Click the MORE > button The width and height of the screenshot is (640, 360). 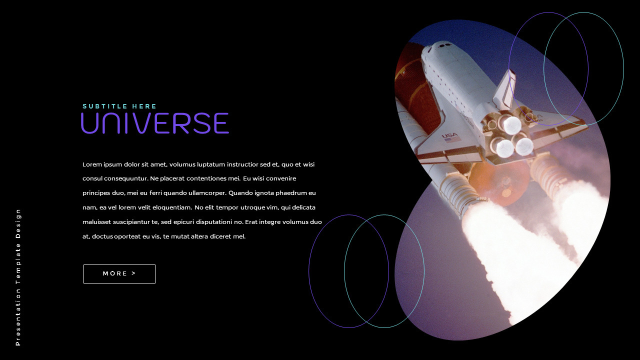tap(119, 274)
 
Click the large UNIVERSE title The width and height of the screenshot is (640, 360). tap(154, 123)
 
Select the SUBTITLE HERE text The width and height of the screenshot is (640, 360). tap(119, 106)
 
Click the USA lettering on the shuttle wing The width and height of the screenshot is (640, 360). tap(449, 135)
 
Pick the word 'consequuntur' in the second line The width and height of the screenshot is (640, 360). tap(124, 178)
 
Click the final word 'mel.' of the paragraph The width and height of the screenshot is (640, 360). tap(239, 236)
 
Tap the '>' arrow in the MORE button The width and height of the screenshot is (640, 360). tap(133, 273)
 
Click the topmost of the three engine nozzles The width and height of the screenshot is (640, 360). tap(511, 124)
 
